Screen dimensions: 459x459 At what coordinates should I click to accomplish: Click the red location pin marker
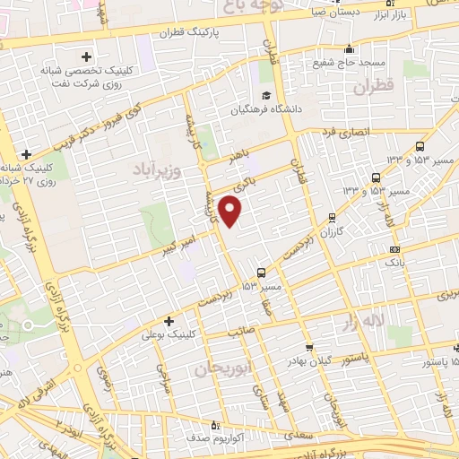230,211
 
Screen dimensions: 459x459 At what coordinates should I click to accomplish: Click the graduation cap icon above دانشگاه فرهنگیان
265,96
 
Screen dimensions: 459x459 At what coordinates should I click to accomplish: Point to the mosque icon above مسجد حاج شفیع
349,48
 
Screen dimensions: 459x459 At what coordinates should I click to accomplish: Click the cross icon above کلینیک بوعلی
169,320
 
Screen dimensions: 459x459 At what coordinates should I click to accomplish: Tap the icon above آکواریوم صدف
214,425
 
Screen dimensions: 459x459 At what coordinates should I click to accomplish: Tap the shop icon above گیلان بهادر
310,347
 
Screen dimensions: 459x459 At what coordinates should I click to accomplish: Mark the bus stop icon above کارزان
333,216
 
